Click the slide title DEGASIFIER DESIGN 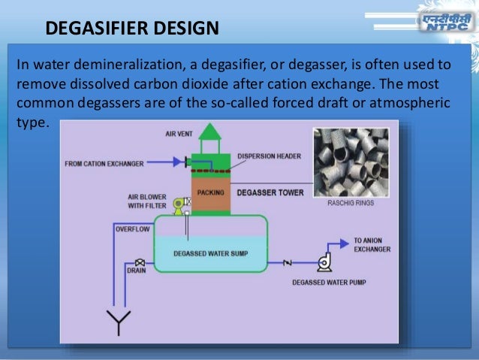pos(132,29)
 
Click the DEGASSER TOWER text pos(270,192)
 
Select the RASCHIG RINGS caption pos(349,203)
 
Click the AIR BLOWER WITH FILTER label pos(146,201)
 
